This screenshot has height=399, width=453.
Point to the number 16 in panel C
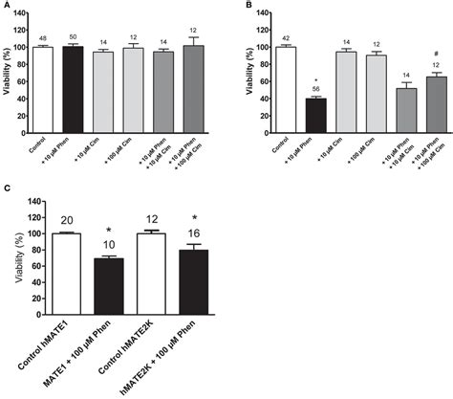169,233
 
